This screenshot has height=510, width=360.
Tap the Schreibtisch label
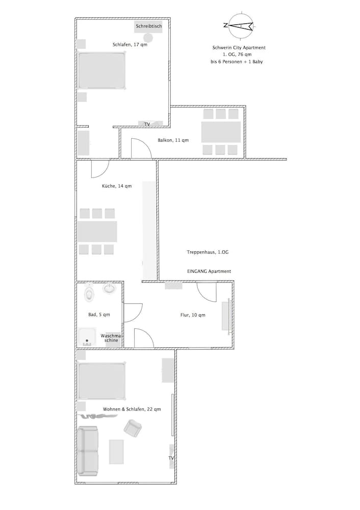(x=148, y=25)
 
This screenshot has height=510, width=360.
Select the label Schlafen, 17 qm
(x=130, y=45)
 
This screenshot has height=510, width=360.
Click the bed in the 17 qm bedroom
(x=101, y=70)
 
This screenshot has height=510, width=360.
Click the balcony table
(x=221, y=132)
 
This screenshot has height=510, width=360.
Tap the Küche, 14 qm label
(x=117, y=186)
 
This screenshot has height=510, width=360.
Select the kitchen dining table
(x=97, y=231)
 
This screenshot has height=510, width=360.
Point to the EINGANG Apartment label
(x=209, y=271)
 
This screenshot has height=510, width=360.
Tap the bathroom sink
(x=110, y=289)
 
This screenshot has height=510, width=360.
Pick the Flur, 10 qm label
(x=193, y=315)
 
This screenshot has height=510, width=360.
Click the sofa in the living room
(x=88, y=451)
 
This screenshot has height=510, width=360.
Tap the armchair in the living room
(x=133, y=427)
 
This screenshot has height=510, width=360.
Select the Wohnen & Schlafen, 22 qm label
(x=132, y=409)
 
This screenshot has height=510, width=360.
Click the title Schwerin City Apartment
(x=239, y=47)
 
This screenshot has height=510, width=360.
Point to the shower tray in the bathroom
(x=87, y=337)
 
